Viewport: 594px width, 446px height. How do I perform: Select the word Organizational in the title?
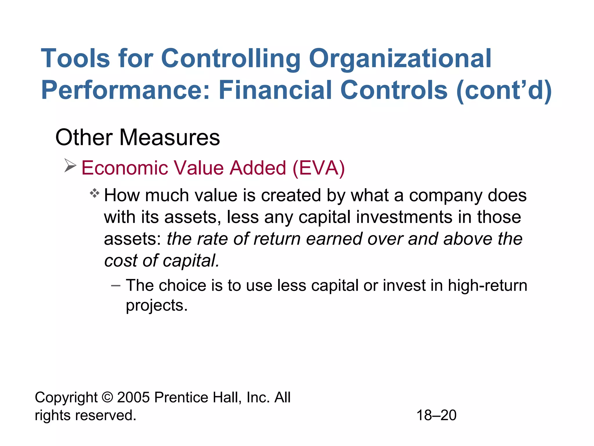coord(400,59)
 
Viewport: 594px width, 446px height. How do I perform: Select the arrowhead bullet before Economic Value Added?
coord(70,166)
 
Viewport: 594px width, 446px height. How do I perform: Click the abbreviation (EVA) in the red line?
coord(318,168)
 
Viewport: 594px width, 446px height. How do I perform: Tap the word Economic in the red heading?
coord(124,168)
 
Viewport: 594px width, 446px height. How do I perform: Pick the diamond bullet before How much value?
coord(95,193)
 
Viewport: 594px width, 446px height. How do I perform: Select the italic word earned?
coord(334,239)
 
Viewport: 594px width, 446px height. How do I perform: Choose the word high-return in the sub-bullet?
coord(487,285)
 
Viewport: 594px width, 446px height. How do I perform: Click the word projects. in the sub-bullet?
coord(157,305)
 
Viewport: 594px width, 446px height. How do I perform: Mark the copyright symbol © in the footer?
coord(107,397)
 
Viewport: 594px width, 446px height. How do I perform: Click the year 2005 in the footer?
coord(133,397)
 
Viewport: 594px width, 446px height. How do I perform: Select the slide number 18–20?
coord(436,415)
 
